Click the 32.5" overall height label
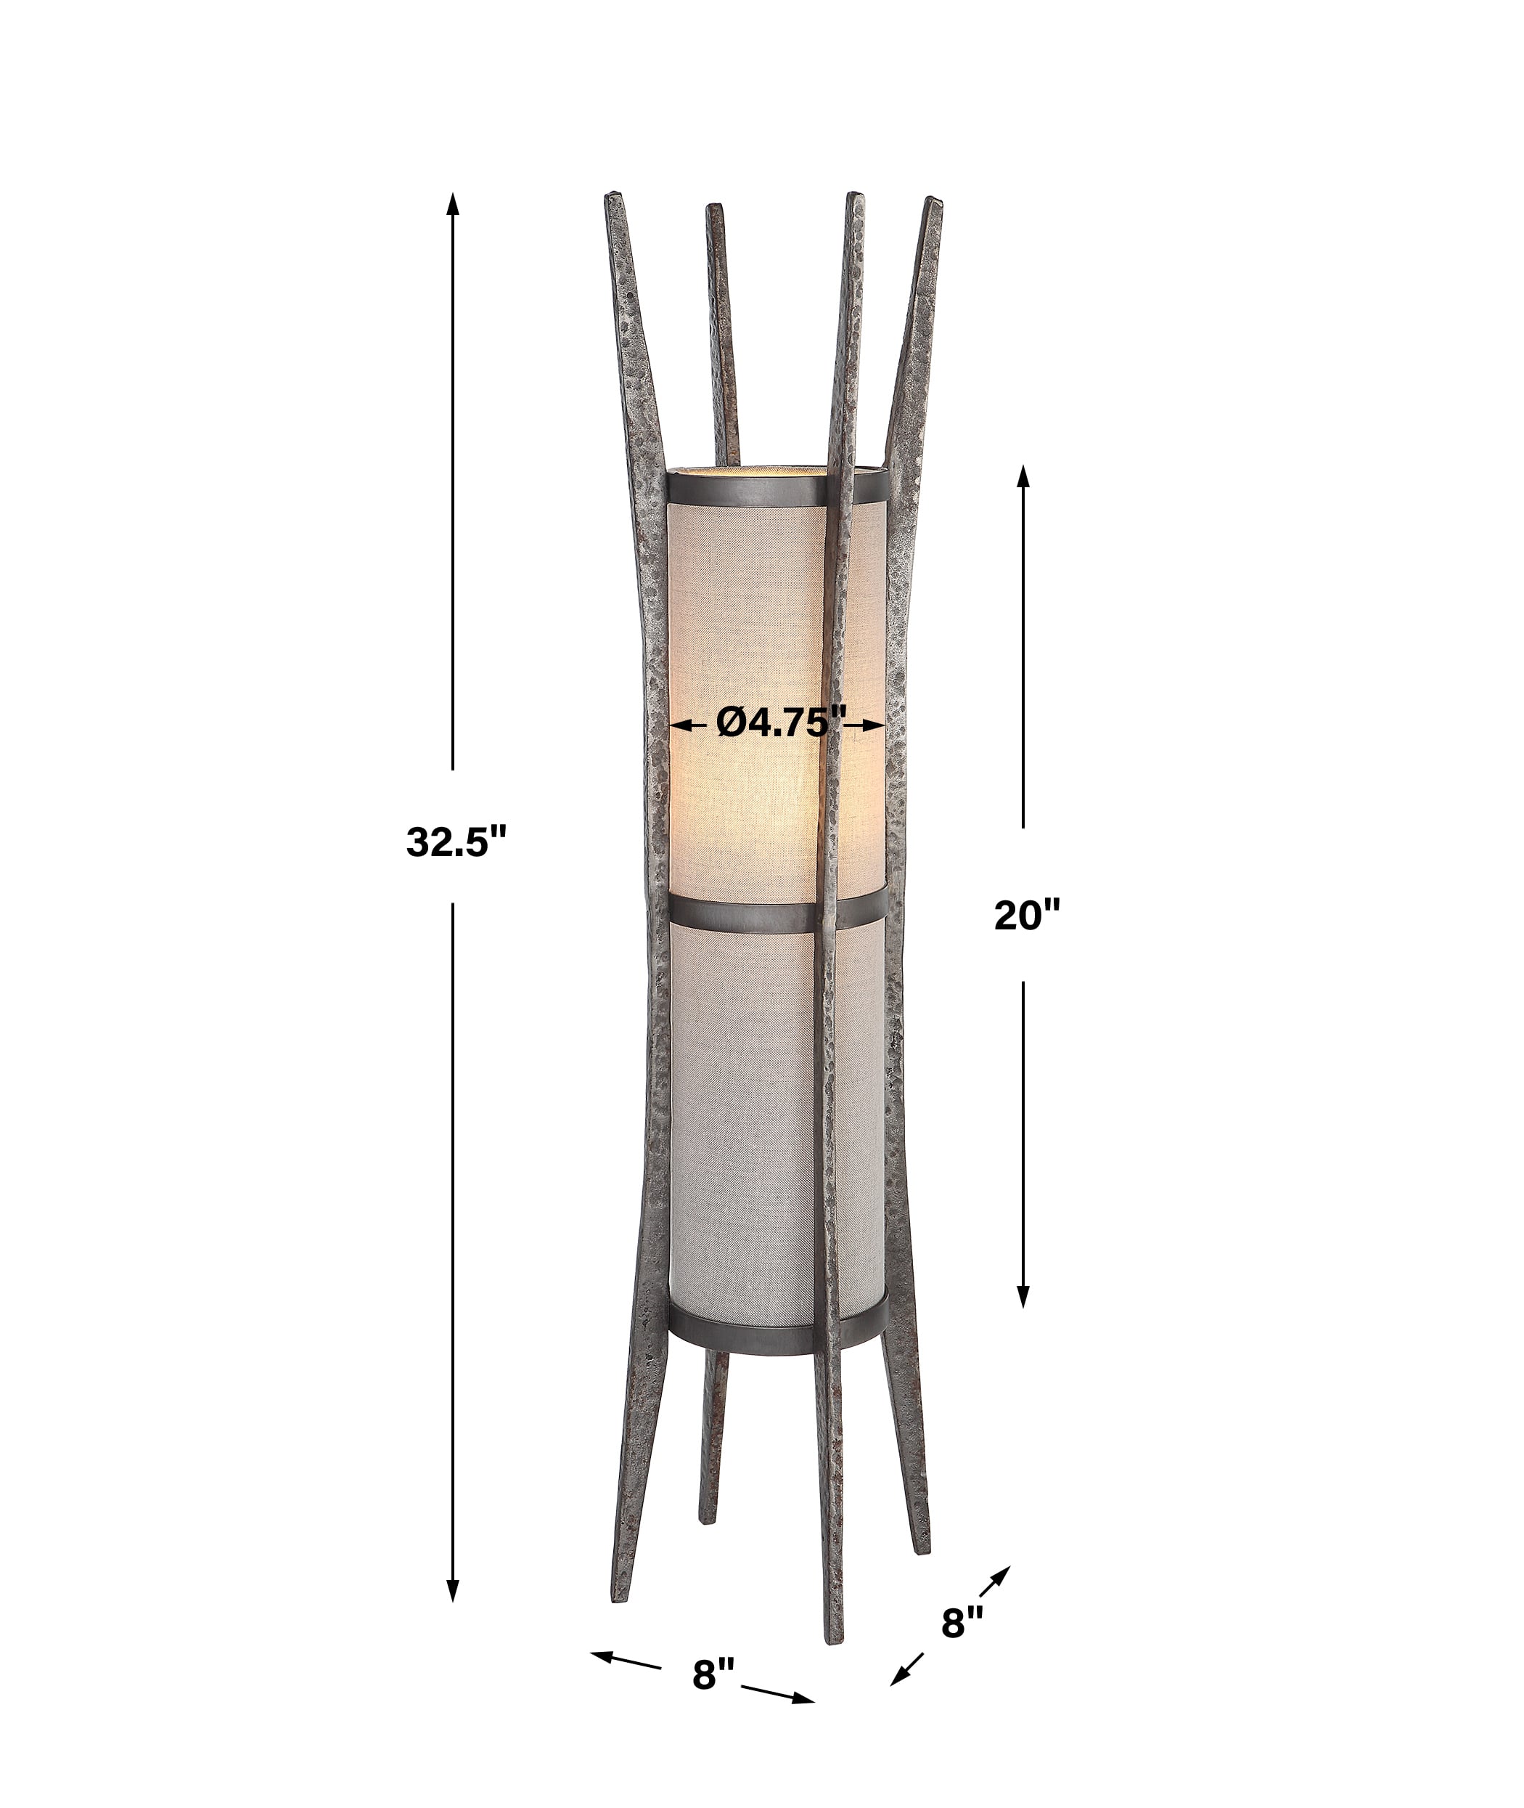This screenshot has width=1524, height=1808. click(x=454, y=841)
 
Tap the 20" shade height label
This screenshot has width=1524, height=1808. click(x=1025, y=915)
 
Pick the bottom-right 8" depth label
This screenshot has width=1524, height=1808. click(x=962, y=1622)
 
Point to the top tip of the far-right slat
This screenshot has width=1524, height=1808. click(x=933, y=204)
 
